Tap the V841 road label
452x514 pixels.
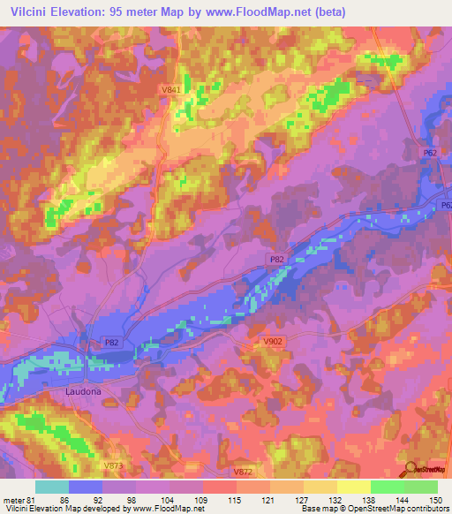[172, 90]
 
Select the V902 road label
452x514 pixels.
[273, 340]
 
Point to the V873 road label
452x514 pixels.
[112, 465]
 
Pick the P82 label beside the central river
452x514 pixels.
[275, 259]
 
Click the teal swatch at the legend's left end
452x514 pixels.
[51, 487]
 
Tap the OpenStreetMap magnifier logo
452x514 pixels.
[411, 468]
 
